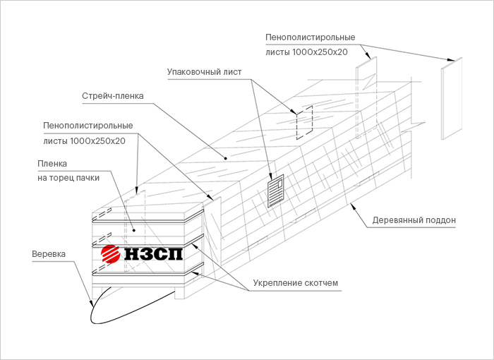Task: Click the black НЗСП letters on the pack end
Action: [x=152, y=253]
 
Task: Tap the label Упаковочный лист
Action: [x=205, y=71]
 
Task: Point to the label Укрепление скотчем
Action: [x=296, y=283]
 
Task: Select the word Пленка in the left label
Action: [x=52, y=164]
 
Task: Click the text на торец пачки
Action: [x=68, y=178]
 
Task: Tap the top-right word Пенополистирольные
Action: [x=310, y=37]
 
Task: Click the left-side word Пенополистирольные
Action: [x=88, y=126]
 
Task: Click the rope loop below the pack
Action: [x=134, y=307]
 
